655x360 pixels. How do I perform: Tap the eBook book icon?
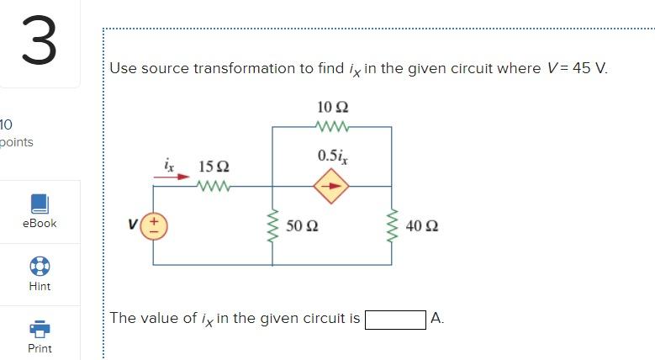pyautogui.click(x=40, y=204)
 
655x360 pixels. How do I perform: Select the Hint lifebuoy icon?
pyautogui.click(x=40, y=266)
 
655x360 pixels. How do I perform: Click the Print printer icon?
pyautogui.click(x=40, y=328)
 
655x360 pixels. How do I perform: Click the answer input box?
pyautogui.click(x=394, y=319)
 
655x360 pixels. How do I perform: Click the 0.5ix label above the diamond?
pyautogui.click(x=332, y=156)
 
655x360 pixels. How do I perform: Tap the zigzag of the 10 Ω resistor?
pyautogui.click(x=333, y=127)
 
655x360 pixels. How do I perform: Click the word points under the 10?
pyautogui.click(x=17, y=141)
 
